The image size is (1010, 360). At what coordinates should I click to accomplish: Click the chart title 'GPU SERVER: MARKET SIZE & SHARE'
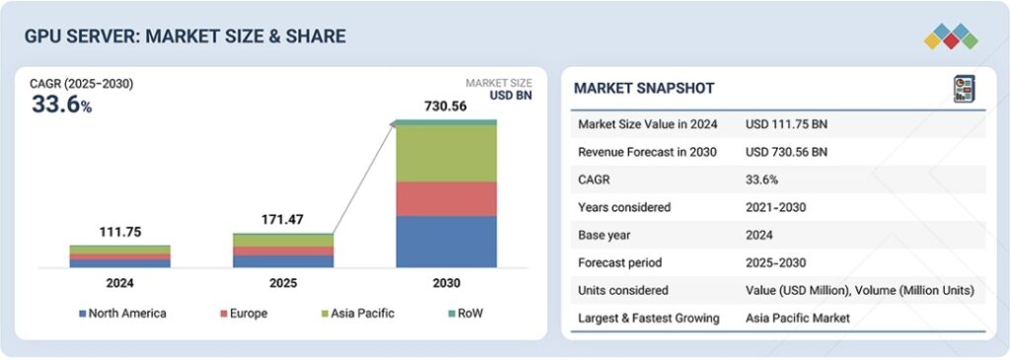(x=184, y=36)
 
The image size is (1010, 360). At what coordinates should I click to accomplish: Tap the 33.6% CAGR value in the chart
(x=61, y=105)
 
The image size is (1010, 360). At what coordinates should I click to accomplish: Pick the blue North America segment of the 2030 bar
(x=446, y=242)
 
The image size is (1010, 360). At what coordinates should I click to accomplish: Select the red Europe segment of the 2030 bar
(x=446, y=198)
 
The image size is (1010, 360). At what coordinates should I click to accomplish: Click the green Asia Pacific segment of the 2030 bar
(x=446, y=154)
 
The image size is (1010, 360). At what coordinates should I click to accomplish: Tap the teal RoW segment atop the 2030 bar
(x=446, y=122)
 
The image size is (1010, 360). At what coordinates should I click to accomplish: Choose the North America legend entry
(x=122, y=314)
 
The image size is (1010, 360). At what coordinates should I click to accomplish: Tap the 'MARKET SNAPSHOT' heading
(x=644, y=89)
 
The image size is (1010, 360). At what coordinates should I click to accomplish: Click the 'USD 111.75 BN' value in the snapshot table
(x=786, y=124)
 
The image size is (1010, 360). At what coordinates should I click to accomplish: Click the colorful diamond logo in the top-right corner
(x=951, y=36)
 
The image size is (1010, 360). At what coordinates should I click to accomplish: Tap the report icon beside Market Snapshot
(x=963, y=89)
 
